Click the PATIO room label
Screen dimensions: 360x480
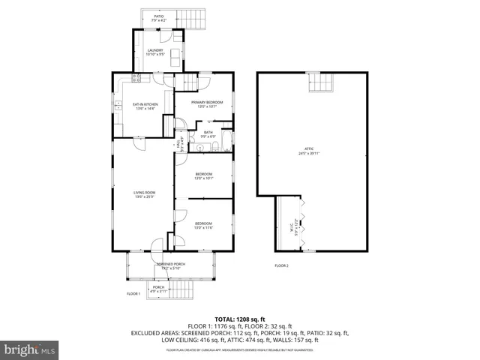(x=159, y=18)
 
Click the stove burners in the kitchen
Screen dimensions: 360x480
(x=137, y=78)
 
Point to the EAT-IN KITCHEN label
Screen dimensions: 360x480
(x=144, y=106)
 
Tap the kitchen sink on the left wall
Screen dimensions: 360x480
(x=118, y=106)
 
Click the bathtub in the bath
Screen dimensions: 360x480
(x=226, y=140)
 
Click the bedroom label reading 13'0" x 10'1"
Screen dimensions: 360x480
(x=204, y=176)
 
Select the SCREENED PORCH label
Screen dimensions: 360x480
(x=170, y=265)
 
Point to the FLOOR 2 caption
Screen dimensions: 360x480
(x=281, y=265)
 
